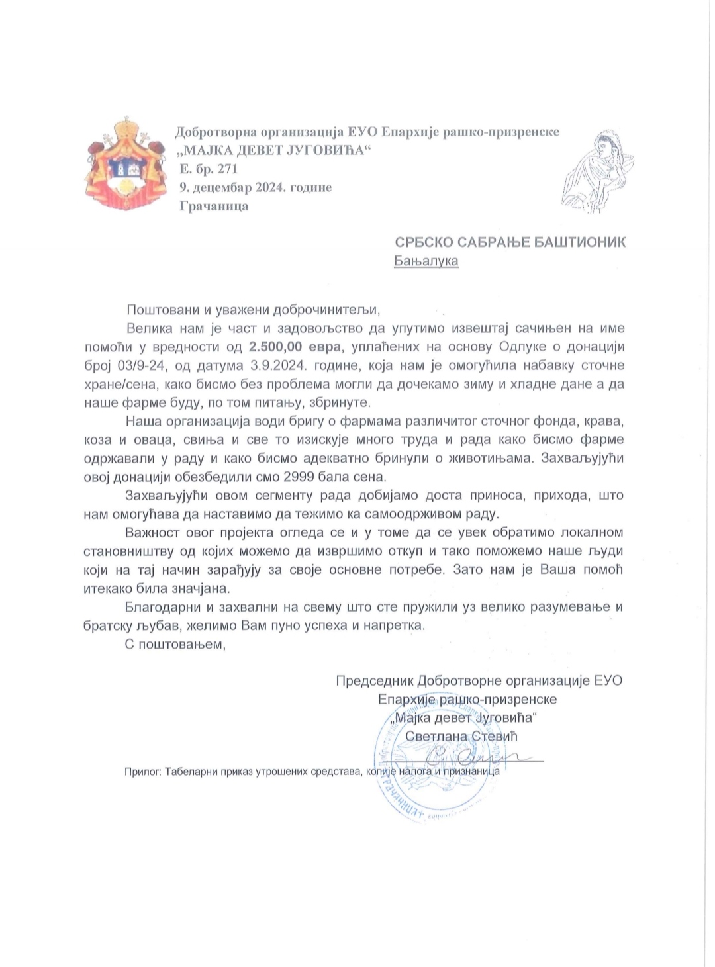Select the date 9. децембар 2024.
click(236, 187)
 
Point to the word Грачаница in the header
click(214, 206)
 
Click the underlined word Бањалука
click(426, 261)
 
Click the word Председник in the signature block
click(375, 680)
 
